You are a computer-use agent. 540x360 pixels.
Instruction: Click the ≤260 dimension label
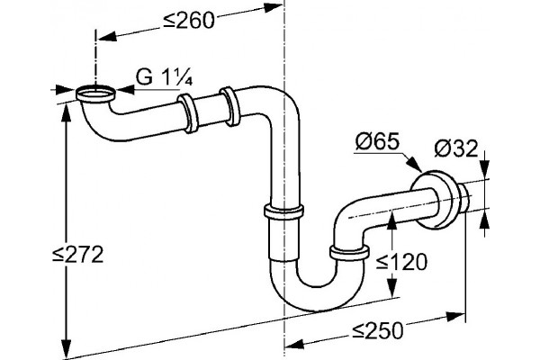189,20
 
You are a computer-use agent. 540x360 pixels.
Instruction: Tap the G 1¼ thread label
164,78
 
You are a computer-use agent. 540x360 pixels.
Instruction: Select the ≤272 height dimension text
77,255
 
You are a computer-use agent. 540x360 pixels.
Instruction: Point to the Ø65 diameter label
377,141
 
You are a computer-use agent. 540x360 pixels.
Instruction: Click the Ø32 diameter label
456,148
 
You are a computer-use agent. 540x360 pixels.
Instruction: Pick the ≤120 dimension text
401,262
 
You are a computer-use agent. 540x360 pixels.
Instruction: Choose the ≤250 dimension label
377,331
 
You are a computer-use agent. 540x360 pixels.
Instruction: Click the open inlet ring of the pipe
95,94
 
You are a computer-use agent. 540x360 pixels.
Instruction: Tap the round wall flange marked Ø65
435,199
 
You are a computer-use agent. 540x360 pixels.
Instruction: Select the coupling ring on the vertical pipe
284,211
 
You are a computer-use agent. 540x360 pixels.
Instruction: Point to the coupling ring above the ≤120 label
349,253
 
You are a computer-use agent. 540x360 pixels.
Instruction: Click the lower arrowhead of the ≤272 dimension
66,345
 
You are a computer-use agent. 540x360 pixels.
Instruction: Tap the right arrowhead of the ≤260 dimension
272,7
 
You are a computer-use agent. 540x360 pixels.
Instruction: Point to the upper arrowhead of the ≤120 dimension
391,220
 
